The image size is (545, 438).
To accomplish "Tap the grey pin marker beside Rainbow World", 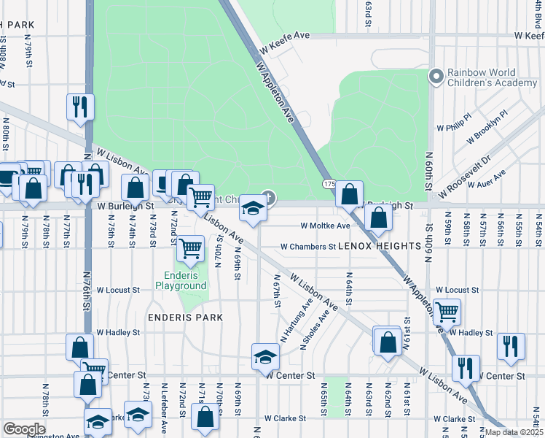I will tap(436, 75).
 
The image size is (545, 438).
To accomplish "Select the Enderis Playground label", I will tap(181, 281).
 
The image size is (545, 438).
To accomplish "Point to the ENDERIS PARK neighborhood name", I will tap(184, 318).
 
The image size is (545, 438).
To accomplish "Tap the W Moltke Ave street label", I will tap(326, 226).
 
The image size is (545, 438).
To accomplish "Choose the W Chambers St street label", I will tap(307, 247).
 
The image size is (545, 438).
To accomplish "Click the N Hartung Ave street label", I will tap(297, 319).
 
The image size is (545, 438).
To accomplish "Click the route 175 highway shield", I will tap(328, 185).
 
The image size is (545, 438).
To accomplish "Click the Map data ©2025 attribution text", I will tap(513, 432).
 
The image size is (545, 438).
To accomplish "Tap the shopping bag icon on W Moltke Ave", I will tap(378, 217).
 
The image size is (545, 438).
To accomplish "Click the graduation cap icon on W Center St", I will tap(265, 356).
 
